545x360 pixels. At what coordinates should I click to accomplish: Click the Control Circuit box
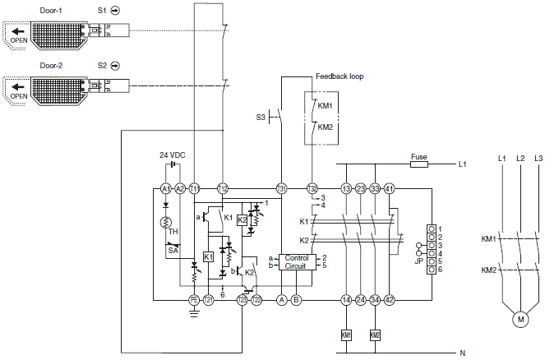tap(295, 262)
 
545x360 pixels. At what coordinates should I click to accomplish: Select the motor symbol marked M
tap(519, 318)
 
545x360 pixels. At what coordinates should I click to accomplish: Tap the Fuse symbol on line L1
tap(418, 164)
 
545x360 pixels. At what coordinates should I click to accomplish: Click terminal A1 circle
tap(165, 188)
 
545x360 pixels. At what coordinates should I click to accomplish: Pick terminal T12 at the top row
tap(223, 188)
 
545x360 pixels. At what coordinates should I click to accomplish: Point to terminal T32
tap(312, 188)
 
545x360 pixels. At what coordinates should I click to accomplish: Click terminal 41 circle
tap(390, 188)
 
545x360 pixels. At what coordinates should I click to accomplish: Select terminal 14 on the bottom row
tap(346, 300)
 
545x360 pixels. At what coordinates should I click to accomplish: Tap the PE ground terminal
tap(194, 300)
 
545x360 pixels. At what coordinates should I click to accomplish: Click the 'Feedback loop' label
tap(339, 76)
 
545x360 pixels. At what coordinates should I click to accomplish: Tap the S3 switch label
tap(260, 118)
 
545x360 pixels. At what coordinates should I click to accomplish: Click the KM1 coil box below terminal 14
tap(346, 335)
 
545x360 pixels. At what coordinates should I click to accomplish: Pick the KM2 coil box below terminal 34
tap(375, 335)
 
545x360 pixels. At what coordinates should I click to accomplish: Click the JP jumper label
tap(418, 261)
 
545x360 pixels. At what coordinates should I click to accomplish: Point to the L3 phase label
tap(538, 157)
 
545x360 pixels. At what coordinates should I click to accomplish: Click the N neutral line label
tap(462, 353)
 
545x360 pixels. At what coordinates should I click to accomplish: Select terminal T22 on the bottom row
tap(257, 300)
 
